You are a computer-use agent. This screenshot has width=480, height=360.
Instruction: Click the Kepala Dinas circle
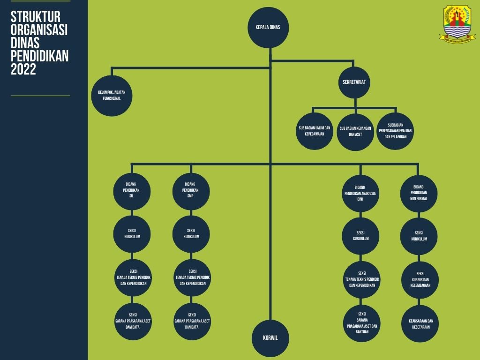[268, 28]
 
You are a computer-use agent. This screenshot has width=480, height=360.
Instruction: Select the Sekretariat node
[354, 82]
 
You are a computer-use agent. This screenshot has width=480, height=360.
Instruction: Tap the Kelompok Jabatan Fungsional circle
[112, 96]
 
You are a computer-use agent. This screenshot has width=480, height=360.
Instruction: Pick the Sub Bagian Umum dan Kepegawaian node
[315, 131]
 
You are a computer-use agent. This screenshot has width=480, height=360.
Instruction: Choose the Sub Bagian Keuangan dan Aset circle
[355, 131]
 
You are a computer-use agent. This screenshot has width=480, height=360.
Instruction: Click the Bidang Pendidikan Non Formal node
[419, 193]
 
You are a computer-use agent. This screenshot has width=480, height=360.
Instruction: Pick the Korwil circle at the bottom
[270, 338]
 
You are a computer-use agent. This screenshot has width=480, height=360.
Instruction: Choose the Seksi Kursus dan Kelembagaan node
[420, 279]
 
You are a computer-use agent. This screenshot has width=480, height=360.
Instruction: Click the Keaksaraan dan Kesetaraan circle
[420, 323]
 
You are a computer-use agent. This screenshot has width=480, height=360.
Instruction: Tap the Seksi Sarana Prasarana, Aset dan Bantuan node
[361, 323]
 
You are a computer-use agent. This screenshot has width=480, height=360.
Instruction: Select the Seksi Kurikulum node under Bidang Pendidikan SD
[132, 233]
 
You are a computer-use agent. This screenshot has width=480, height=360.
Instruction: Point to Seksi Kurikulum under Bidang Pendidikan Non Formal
[419, 236]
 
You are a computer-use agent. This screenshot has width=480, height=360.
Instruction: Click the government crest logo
[457, 23]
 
